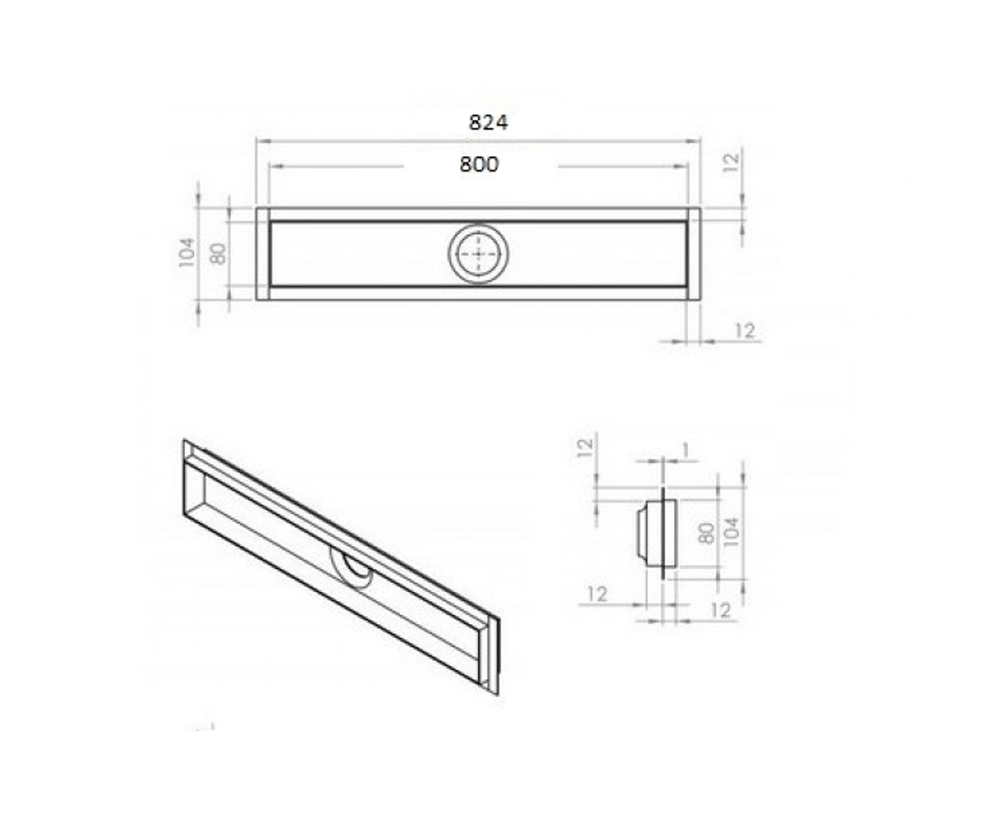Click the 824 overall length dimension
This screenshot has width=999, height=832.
pos(488,123)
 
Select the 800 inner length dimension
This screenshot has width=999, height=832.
pos(479,165)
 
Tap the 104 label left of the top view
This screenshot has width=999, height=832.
pos(187,253)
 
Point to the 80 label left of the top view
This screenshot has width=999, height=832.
pos(218,254)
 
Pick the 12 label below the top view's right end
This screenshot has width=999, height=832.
pos(744,330)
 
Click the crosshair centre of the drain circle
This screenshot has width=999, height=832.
pos(478,254)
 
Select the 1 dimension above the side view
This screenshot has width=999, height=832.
pos(685,450)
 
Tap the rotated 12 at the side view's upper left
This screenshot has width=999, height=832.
pos(585,448)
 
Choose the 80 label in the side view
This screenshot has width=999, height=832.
pos(707,533)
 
